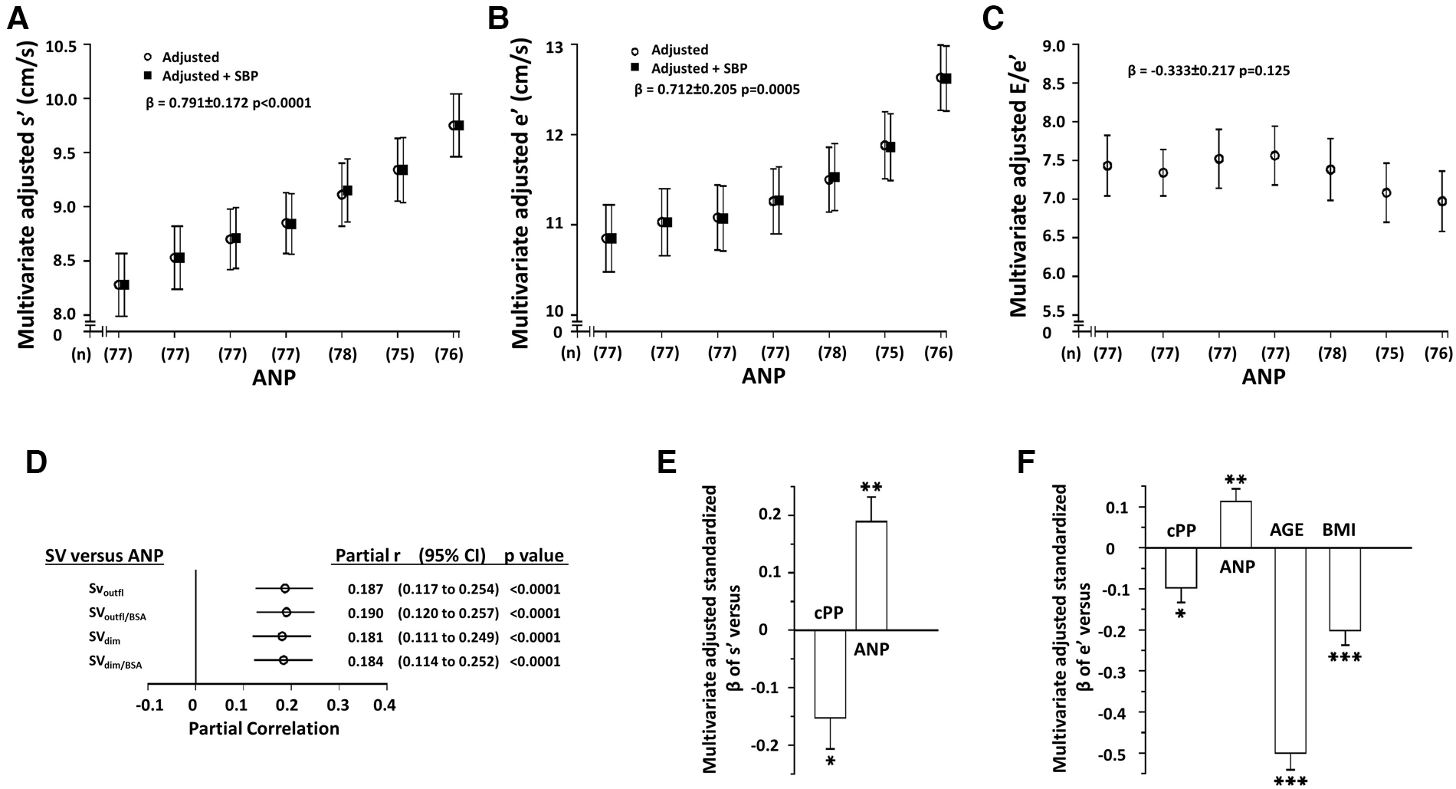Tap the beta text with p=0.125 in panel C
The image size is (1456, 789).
click(x=1208, y=71)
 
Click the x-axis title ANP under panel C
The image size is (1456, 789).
click(x=1263, y=377)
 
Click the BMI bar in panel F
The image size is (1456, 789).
click(x=1345, y=589)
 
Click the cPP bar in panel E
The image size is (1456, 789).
click(x=830, y=673)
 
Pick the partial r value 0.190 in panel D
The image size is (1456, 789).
click(x=365, y=613)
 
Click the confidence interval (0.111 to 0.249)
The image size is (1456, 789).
click(x=448, y=637)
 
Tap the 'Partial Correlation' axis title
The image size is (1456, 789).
click(x=264, y=728)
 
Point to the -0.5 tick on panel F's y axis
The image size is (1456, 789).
click(x=1115, y=754)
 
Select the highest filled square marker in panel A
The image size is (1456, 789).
click(x=458, y=125)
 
